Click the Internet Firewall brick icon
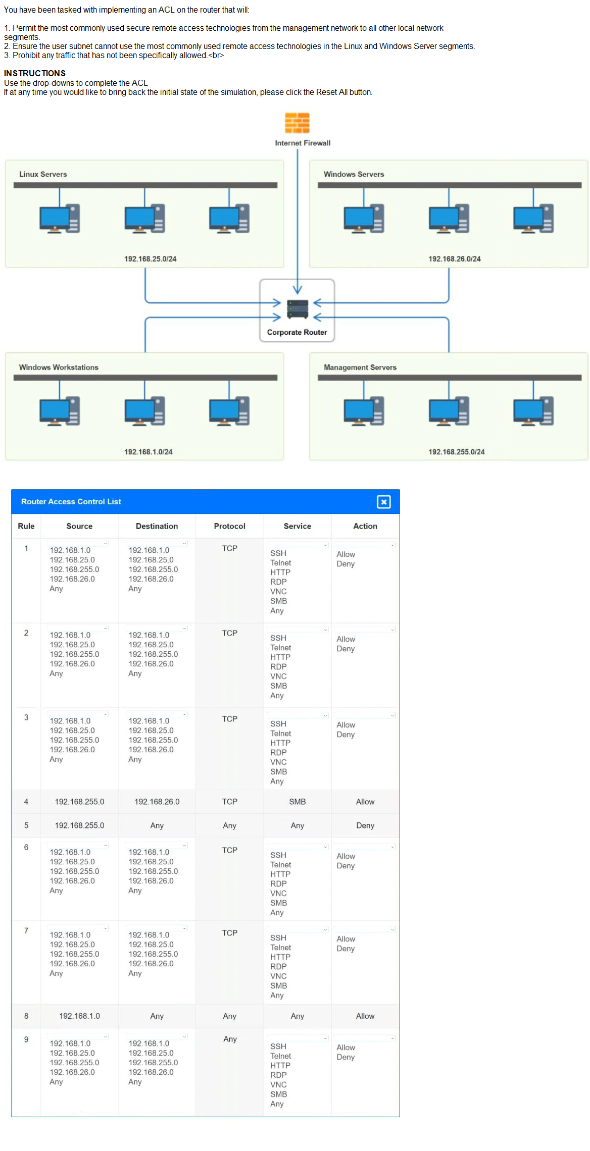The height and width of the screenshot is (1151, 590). tap(297, 123)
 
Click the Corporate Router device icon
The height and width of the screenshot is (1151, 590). tap(297, 309)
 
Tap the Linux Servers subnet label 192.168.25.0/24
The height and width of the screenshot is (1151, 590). tap(150, 259)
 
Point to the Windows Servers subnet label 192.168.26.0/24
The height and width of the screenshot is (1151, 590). tap(454, 259)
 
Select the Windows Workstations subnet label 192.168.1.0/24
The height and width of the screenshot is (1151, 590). tap(148, 452)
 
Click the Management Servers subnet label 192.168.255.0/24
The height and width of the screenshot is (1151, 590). tap(456, 452)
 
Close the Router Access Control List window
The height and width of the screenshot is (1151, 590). tap(383, 502)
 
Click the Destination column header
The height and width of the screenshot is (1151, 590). tap(157, 526)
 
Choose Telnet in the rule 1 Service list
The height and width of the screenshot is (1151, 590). tap(280, 563)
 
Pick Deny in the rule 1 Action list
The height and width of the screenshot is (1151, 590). tap(346, 564)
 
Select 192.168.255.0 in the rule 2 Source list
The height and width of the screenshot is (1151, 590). tap(74, 654)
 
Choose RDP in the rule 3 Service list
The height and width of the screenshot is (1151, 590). tap(278, 753)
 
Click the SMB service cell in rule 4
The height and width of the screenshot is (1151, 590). tap(297, 802)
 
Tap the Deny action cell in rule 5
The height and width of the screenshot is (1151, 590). tap(365, 825)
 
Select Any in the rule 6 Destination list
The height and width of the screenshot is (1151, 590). tap(135, 891)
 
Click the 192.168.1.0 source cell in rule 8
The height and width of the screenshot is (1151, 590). tap(79, 1016)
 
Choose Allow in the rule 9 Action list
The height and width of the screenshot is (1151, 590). tap(346, 1048)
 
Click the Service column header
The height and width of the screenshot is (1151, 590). tap(297, 526)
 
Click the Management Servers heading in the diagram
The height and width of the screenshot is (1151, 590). tap(360, 368)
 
